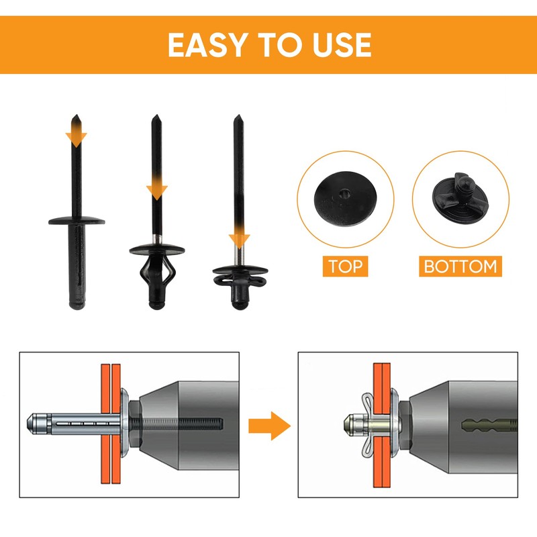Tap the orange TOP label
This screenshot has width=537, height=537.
345,266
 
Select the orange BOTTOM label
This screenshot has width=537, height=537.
461,266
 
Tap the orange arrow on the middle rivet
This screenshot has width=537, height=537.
157,188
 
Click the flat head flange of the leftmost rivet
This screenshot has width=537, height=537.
77,218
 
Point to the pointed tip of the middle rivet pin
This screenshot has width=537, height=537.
157,121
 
